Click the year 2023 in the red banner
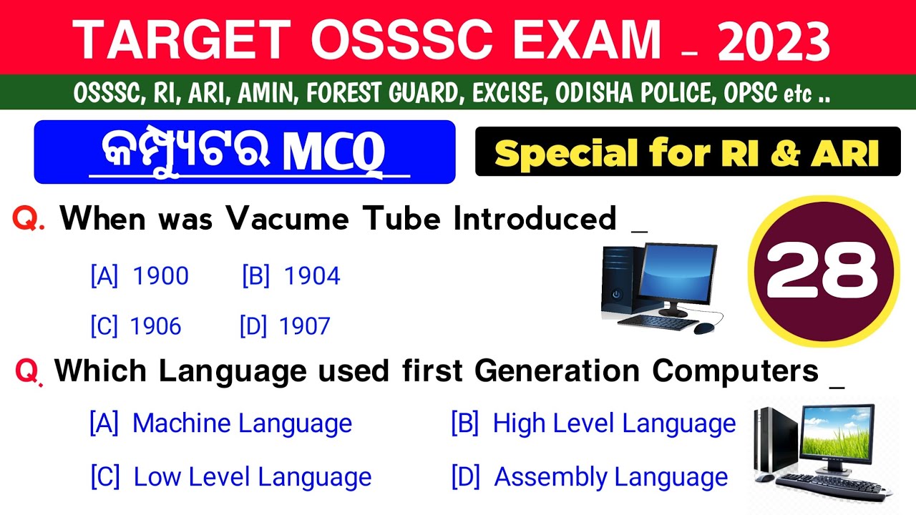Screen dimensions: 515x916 (x=774, y=41)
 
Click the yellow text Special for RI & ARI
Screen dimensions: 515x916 (x=687, y=152)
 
